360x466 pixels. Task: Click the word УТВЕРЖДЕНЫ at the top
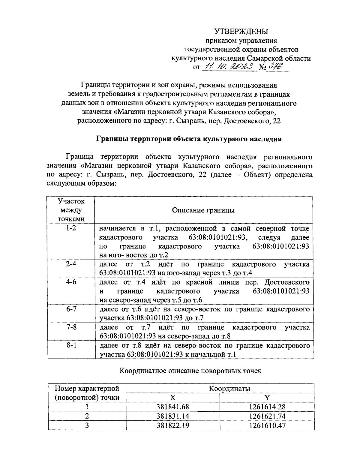point(241,32)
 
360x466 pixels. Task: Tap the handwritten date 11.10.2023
point(229,67)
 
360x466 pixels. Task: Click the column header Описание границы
point(203,210)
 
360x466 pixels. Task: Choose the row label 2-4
point(71,264)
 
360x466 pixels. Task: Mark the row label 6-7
point(71,309)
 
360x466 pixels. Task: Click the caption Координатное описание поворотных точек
point(190,371)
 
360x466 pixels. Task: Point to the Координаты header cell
point(229,389)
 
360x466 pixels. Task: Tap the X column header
point(173,398)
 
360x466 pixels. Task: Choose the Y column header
point(267,398)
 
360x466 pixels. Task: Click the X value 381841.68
point(173,407)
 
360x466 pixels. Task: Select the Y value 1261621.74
point(267,416)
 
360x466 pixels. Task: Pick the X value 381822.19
point(173,425)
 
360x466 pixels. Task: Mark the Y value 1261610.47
point(267,425)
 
